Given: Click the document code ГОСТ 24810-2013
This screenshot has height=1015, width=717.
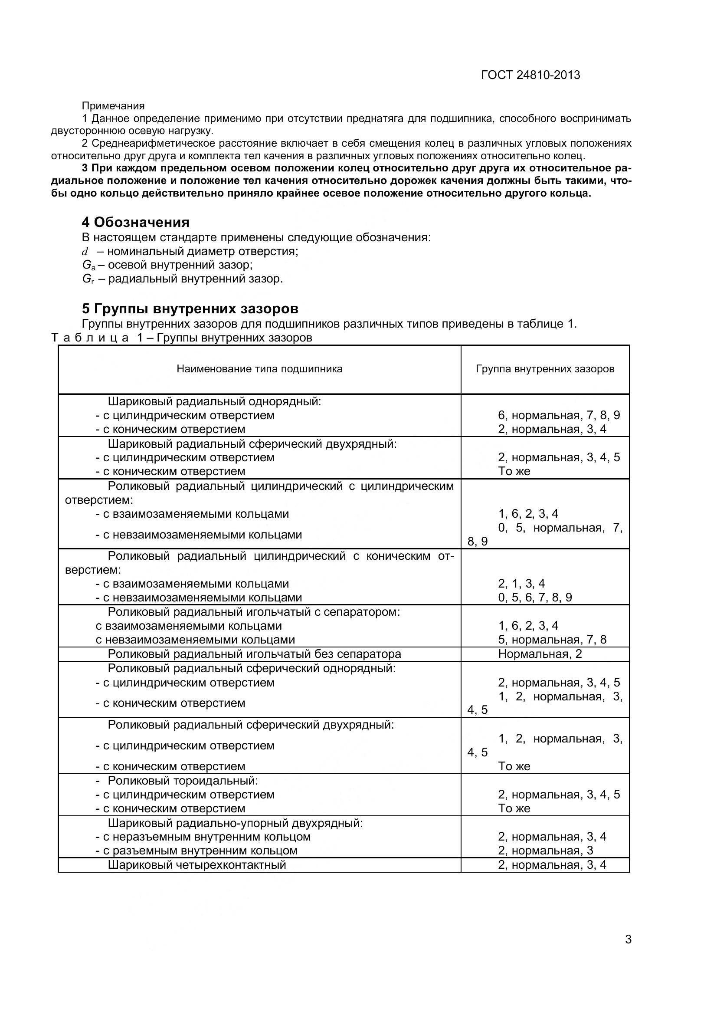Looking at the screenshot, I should (x=530, y=75).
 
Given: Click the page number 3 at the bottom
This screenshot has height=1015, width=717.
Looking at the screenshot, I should (x=628, y=952).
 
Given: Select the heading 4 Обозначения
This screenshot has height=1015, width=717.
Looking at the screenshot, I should (x=136, y=222).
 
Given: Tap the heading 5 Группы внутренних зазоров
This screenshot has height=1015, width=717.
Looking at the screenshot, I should (x=190, y=308).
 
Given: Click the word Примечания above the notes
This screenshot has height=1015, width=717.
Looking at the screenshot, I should (x=113, y=105).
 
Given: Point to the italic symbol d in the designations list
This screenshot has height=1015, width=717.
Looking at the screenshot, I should (x=85, y=252).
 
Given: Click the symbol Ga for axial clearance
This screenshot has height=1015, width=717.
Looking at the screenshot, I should (x=88, y=265).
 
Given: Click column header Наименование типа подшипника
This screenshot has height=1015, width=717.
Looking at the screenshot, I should (x=259, y=369).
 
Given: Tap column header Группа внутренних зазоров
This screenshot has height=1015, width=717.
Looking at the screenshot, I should (x=545, y=369).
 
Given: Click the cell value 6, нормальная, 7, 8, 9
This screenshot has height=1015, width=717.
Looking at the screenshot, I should (x=559, y=415).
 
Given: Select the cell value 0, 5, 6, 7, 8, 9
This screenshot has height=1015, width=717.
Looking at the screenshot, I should (x=535, y=597).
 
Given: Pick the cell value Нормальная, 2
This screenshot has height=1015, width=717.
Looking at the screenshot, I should (x=540, y=654).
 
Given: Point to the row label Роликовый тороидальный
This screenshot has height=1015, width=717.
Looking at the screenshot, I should (x=183, y=780).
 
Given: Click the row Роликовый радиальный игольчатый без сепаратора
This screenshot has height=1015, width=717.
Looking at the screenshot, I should (x=255, y=654).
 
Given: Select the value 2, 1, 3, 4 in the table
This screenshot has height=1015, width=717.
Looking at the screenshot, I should (x=521, y=583).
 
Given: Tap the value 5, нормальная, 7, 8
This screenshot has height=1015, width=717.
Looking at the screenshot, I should (x=552, y=639).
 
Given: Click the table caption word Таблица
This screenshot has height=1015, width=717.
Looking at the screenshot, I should (x=90, y=338).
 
